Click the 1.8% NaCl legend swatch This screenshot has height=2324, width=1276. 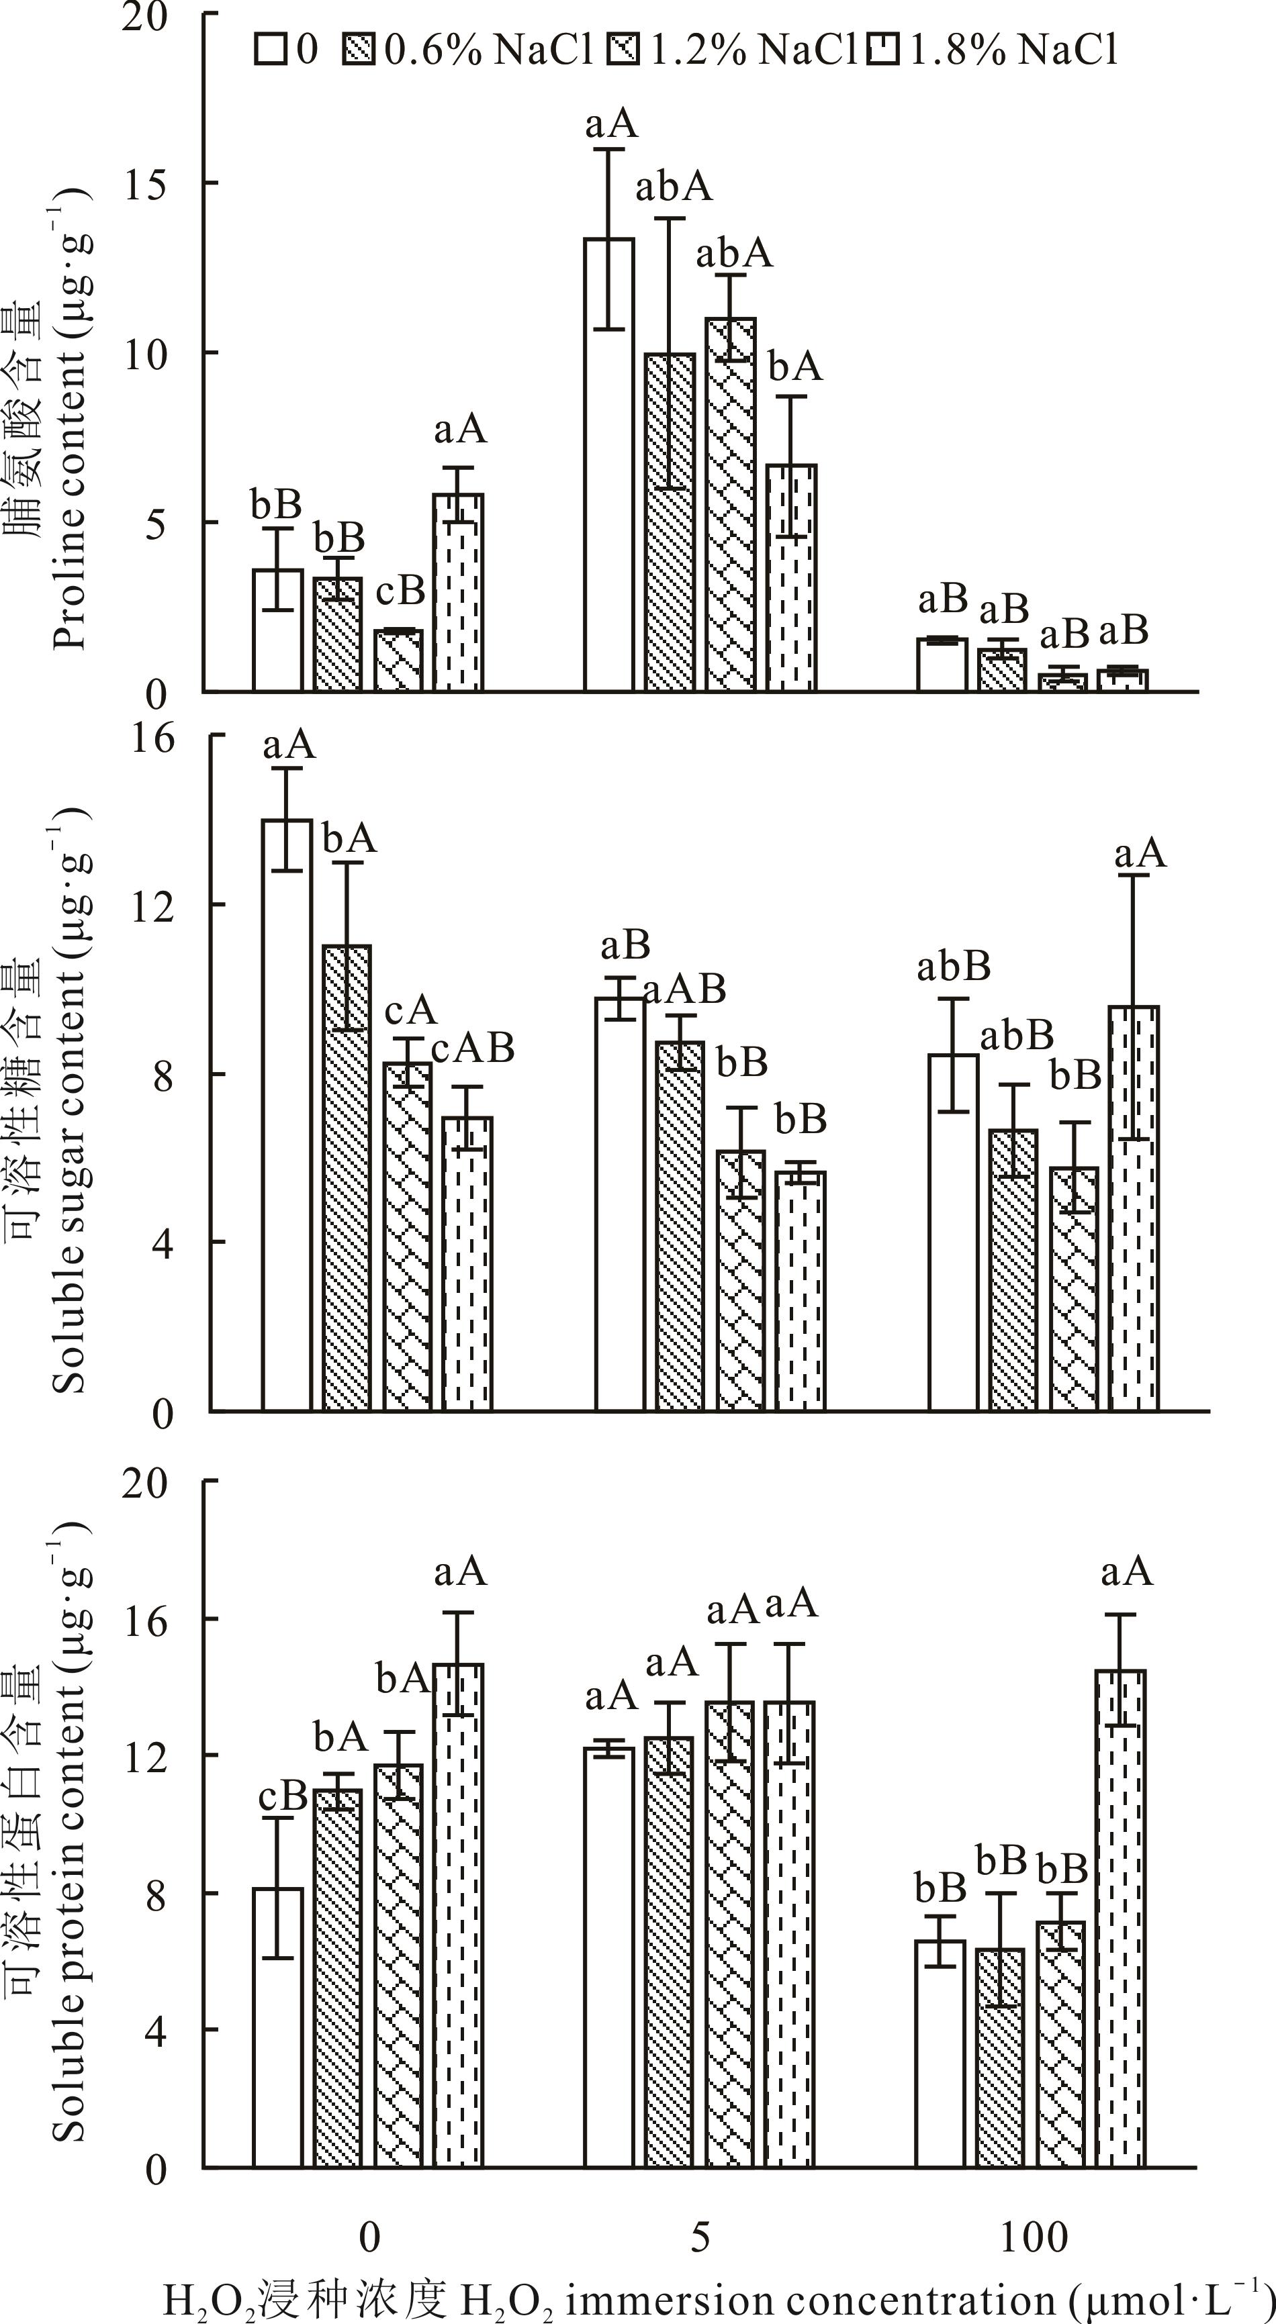pyautogui.click(x=883, y=50)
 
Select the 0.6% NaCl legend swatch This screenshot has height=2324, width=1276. pyautogui.click(x=358, y=50)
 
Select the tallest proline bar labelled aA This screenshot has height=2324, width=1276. pyautogui.click(x=609, y=465)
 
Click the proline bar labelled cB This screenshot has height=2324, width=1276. pyautogui.click(x=398, y=661)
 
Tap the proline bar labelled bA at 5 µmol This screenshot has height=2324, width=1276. pyautogui.click(x=791, y=577)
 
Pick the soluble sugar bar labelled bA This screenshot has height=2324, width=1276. pyautogui.click(x=347, y=1177)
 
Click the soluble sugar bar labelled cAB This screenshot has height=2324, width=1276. pyautogui.click(x=467, y=1263)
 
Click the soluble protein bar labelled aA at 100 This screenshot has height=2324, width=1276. pyautogui.click(x=1121, y=1917)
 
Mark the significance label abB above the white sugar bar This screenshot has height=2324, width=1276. pyautogui.click(x=953, y=968)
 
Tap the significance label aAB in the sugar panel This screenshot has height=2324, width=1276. pyautogui.click(x=686, y=989)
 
